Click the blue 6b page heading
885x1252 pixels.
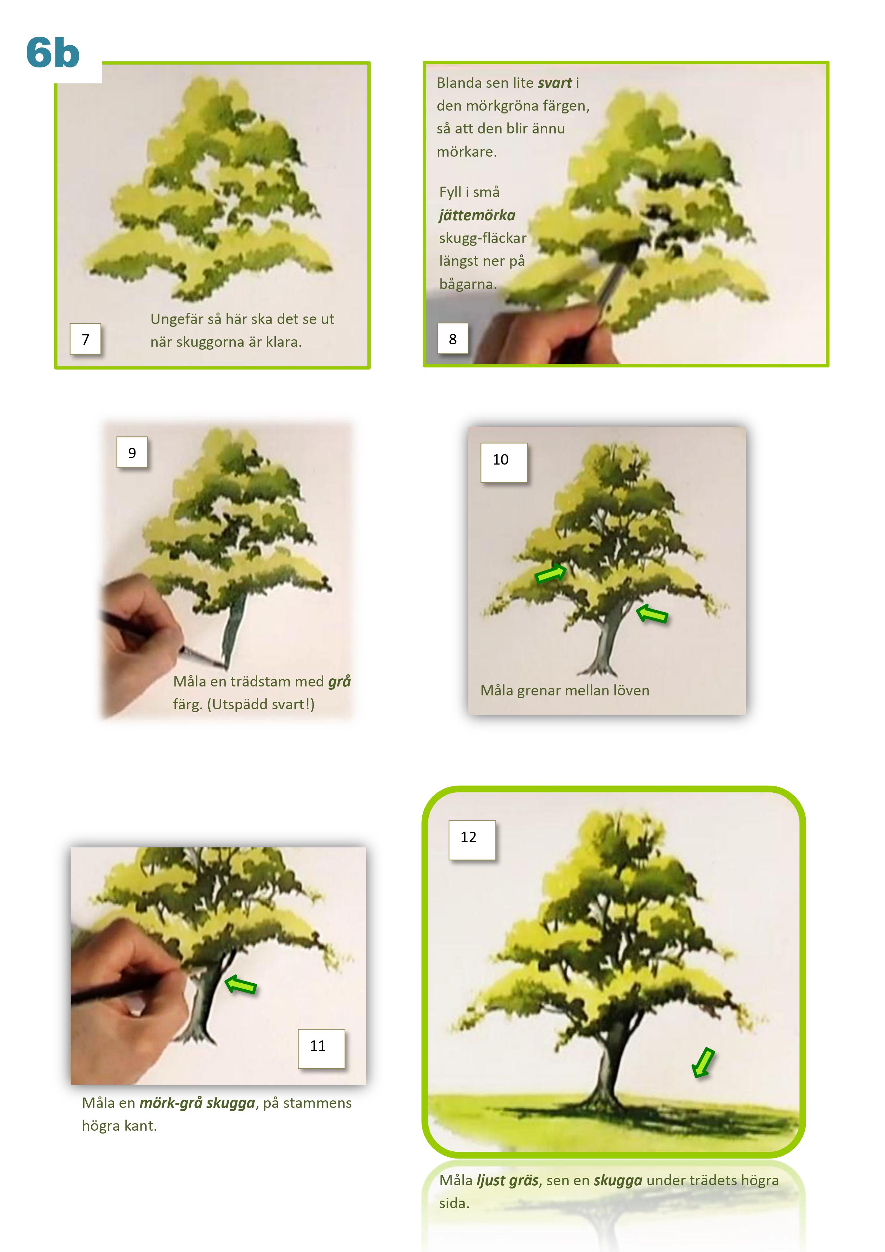tap(52, 53)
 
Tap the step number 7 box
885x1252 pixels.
tap(86, 339)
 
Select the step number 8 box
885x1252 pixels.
tap(453, 339)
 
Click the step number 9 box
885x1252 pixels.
tap(132, 452)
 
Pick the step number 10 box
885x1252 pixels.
tap(504, 462)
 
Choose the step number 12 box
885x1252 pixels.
tap(472, 840)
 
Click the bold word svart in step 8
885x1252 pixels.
tap(555, 83)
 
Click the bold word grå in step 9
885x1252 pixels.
tap(339, 681)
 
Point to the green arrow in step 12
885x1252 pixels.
tap(703, 1062)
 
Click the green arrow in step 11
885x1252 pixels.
tap(240, 984)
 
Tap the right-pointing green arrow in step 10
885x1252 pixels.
tap(551, 573)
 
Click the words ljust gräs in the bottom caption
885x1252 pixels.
tap(508, 1181)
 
